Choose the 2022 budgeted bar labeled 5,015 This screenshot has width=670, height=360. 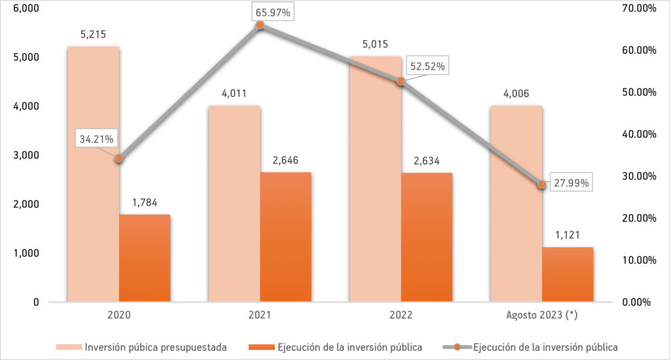coord(375,196)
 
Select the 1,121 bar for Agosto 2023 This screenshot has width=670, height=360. coord(568,274)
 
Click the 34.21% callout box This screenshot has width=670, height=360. coord(97,139)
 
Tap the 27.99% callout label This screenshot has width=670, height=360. coord(569,183)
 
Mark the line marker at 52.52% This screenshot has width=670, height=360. coord(401,81)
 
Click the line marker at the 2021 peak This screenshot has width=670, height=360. coord(260,25)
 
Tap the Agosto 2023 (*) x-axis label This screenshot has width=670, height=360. coord(542,315)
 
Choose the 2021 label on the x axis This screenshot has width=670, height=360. coord(260,315)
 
